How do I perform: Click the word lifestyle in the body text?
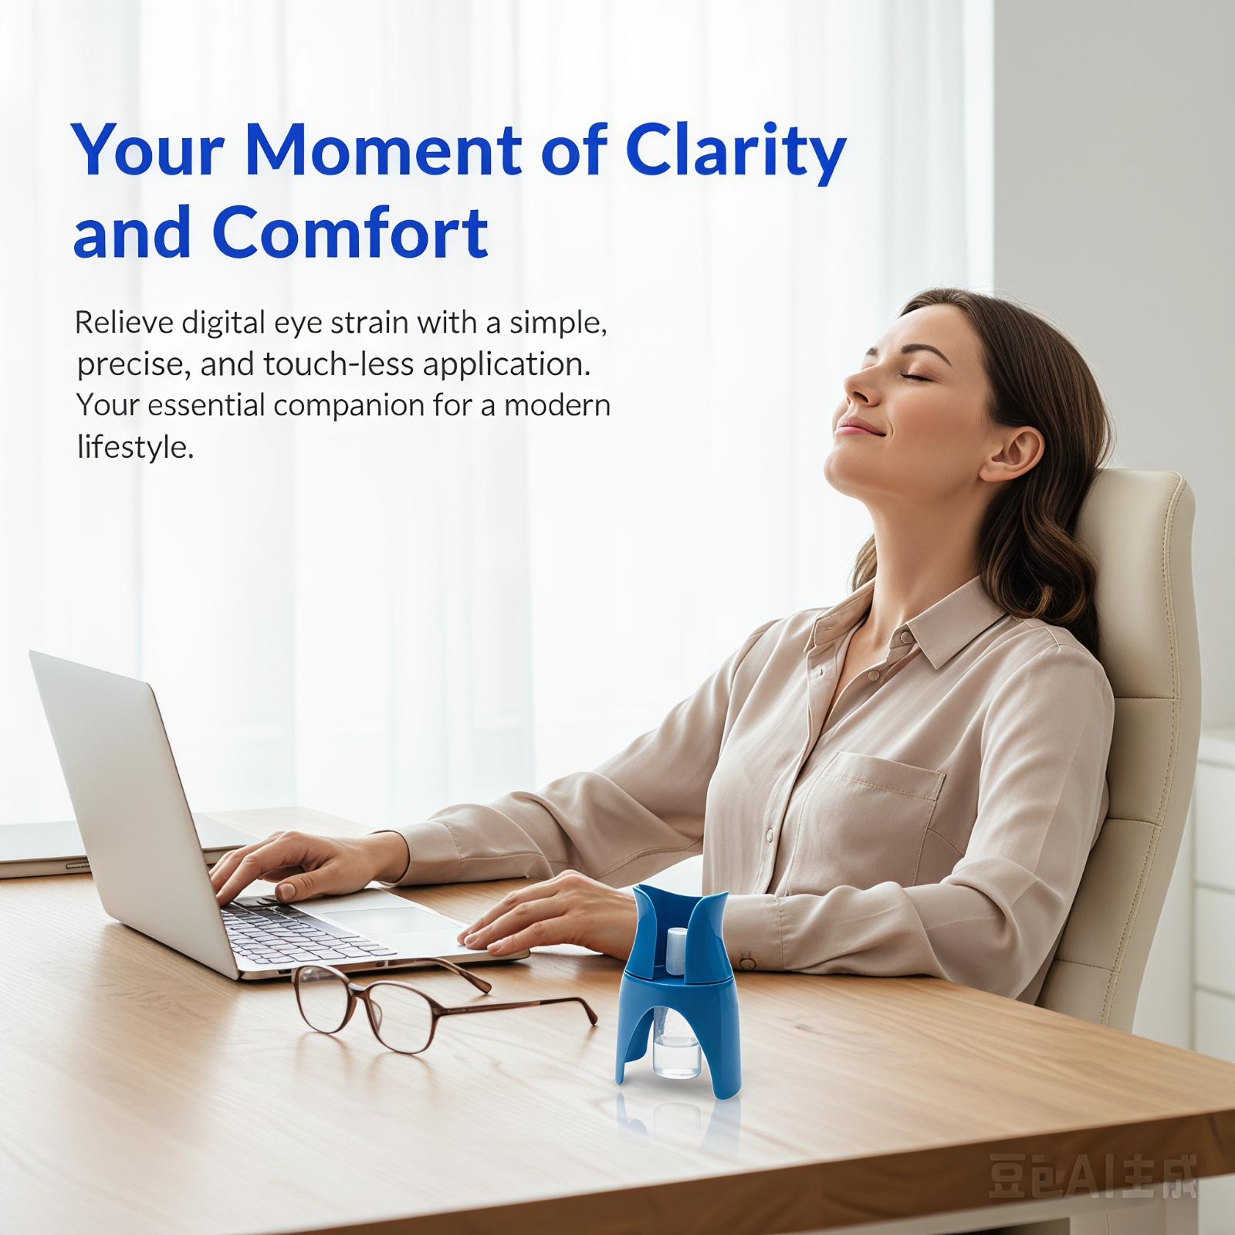[x=135, y=447]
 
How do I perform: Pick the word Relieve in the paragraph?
[x=124, y=323]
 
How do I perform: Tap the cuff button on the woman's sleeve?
[x=746, y=962]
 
